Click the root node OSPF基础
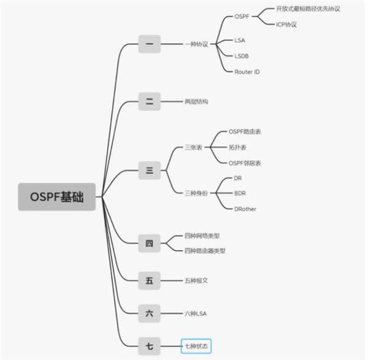pos(56,197)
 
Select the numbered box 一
pos(149,44)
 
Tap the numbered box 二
pos(149,102)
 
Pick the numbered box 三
pos(149,170)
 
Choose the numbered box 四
pos(149,243)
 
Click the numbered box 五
pos(149,281)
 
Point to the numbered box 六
pos(149,313)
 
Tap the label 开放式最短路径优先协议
pos(307,9)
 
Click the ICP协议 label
pos(286,25)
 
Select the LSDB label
pos(242,56)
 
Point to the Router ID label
pos(247,72)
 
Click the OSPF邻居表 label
pos(245,163)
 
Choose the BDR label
pos(240,193)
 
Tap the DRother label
pos(245,209)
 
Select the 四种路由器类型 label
pos(205,250)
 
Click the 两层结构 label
pos(196,102)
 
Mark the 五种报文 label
pos(196,281)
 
